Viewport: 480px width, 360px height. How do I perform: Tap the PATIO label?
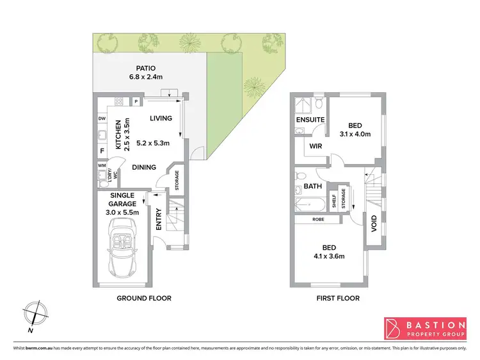145,68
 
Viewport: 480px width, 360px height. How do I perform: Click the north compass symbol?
36,315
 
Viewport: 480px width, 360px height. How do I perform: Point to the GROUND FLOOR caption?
143,298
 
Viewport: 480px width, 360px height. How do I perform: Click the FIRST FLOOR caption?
338,298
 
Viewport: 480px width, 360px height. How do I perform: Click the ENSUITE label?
310,120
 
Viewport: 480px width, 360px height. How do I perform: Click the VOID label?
373,223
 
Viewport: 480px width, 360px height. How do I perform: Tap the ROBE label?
318,219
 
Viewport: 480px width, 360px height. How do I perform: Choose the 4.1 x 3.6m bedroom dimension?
329,256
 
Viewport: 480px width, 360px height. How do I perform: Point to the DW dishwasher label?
102,119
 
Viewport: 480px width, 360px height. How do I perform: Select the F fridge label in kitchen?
102,152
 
